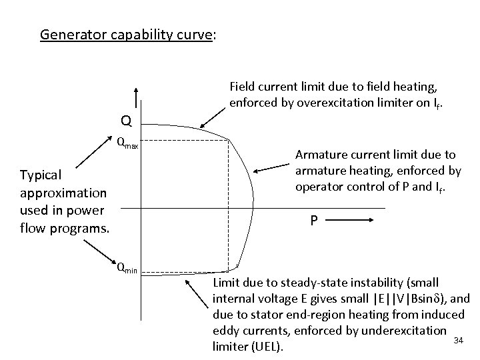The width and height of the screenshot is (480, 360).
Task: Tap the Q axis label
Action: (125, 121)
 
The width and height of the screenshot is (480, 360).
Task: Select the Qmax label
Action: (127, 141)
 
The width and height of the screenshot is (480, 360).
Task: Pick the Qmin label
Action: (127, 269)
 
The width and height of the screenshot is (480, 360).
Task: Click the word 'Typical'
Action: (41, 175)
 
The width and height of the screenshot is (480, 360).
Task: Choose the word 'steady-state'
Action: (297, 282)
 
